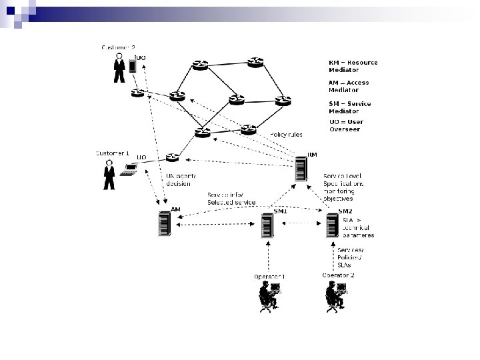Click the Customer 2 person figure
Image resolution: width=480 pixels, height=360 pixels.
[119, 67]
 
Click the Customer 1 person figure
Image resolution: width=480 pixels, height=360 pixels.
[108, 175]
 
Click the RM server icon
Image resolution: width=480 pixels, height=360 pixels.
[302, 167]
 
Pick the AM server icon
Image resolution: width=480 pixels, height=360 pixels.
[164, 223]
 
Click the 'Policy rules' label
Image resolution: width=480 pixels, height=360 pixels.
[286, 135]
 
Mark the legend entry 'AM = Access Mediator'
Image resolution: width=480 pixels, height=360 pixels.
[349, 86]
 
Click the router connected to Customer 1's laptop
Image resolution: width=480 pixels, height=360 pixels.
[173, 157]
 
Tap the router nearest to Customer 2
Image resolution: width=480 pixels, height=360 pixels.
[138, 92]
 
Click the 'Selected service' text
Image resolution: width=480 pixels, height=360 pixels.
[231, 202]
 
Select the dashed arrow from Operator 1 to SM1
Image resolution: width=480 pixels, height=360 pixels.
[269, 257]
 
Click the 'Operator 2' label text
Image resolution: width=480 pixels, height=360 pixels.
[338, 275]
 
